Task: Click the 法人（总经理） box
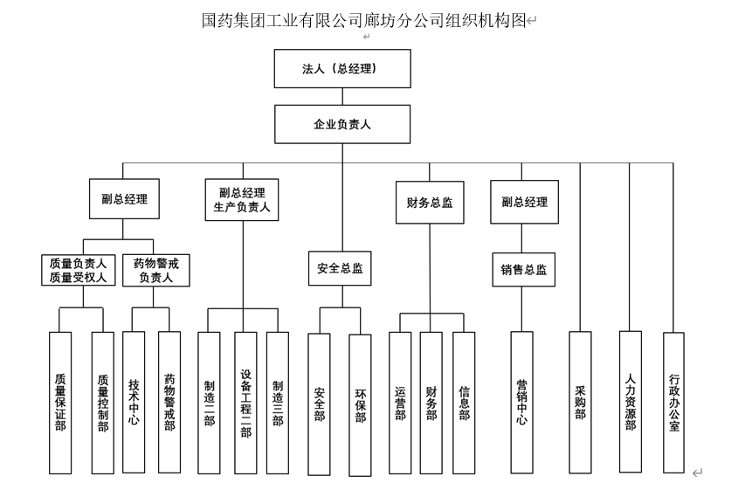342,69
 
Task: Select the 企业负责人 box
342,124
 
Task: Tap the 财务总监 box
430,203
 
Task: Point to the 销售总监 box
524,270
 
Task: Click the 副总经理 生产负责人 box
242,200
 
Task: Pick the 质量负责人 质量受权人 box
78,270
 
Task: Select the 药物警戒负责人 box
162,270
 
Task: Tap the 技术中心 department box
134,401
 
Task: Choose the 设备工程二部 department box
245,401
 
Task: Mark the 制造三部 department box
277,401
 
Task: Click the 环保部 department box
360,404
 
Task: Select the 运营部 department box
400,401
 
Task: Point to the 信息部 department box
464,401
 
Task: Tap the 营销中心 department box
521,401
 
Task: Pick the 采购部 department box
580,401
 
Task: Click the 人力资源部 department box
631,401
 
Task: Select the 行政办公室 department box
673,401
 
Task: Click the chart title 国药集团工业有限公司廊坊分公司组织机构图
363,20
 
